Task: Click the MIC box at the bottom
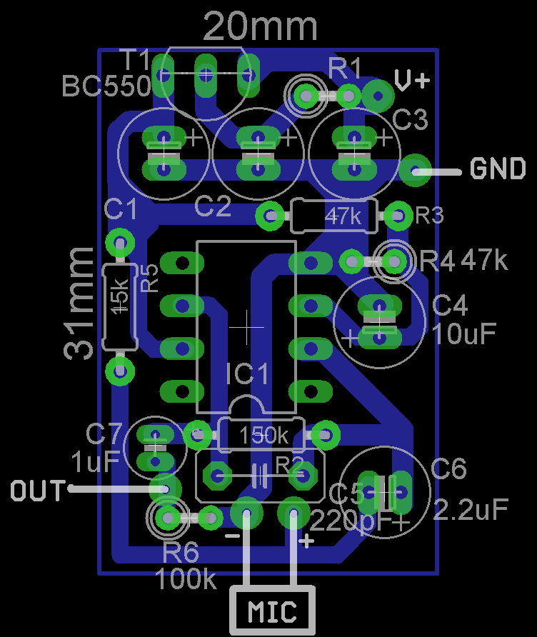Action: [271, 611]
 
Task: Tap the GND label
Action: [498, 169]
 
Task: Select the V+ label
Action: [412, 81]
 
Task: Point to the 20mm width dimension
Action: [260, 26]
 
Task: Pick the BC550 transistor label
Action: [106, 86]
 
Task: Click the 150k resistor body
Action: [263, 435]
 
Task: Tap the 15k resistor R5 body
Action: [120, 306]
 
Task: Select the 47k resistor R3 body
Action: [334, 215]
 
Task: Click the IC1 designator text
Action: [248, 374]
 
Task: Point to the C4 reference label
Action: [450, 306]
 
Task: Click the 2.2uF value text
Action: [471, 508]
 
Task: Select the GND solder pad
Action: [415, 169]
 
